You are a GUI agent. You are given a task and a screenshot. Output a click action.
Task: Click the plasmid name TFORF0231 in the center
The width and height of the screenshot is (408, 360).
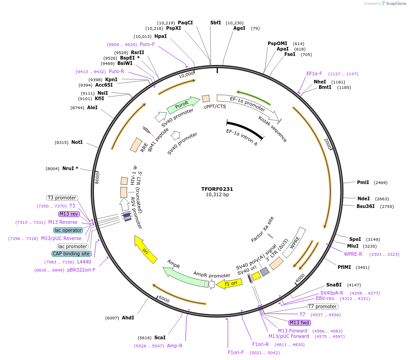(x=217, y=189)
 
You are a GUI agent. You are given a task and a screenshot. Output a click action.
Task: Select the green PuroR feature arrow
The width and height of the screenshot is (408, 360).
(x=183, y=105)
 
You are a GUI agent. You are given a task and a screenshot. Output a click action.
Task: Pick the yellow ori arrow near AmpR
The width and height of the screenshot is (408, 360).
(x=146, y=249)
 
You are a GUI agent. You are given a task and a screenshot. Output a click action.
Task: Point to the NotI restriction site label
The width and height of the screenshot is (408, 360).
(x=77, y=142)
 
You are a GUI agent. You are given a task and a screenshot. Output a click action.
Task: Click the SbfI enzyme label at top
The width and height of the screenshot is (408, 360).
(x=216, y=23)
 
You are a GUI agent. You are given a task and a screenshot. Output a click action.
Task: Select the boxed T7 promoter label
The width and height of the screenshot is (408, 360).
(x=323, y=307)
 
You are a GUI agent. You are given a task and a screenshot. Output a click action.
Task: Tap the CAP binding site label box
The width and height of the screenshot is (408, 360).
(x=71, y=254)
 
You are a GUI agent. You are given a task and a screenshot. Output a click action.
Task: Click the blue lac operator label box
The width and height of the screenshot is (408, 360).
(x=68, y=230)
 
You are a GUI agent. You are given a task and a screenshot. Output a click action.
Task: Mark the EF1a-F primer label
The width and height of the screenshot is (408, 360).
(x=314, y=74)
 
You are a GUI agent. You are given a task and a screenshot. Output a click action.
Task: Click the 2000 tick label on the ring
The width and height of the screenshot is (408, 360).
(x=328, y=144)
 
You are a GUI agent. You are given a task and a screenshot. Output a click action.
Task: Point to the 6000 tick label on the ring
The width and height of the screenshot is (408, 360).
(x=164, y=300)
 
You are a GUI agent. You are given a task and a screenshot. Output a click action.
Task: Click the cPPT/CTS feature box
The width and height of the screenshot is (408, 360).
(x=206, y=98)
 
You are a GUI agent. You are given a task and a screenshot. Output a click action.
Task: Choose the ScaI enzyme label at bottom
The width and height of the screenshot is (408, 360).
(x=160, y=337)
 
